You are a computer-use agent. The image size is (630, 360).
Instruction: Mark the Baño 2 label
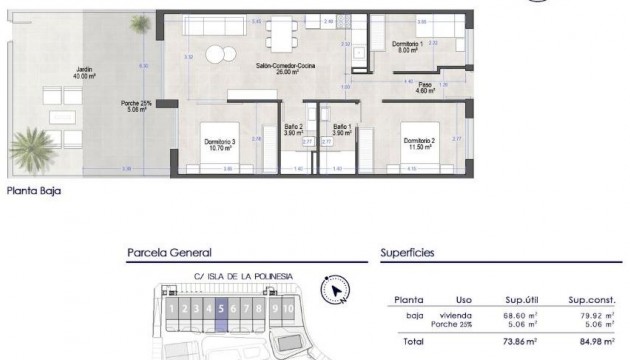(x=294, y=129)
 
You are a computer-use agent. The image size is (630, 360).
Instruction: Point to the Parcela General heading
(x=169, y=254)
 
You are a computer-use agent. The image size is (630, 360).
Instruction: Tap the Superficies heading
(x=411, y=254)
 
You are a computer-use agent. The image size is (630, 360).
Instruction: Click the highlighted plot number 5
(x=220, y=309)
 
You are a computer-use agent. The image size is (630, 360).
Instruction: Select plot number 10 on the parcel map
(x=288, y=309)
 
